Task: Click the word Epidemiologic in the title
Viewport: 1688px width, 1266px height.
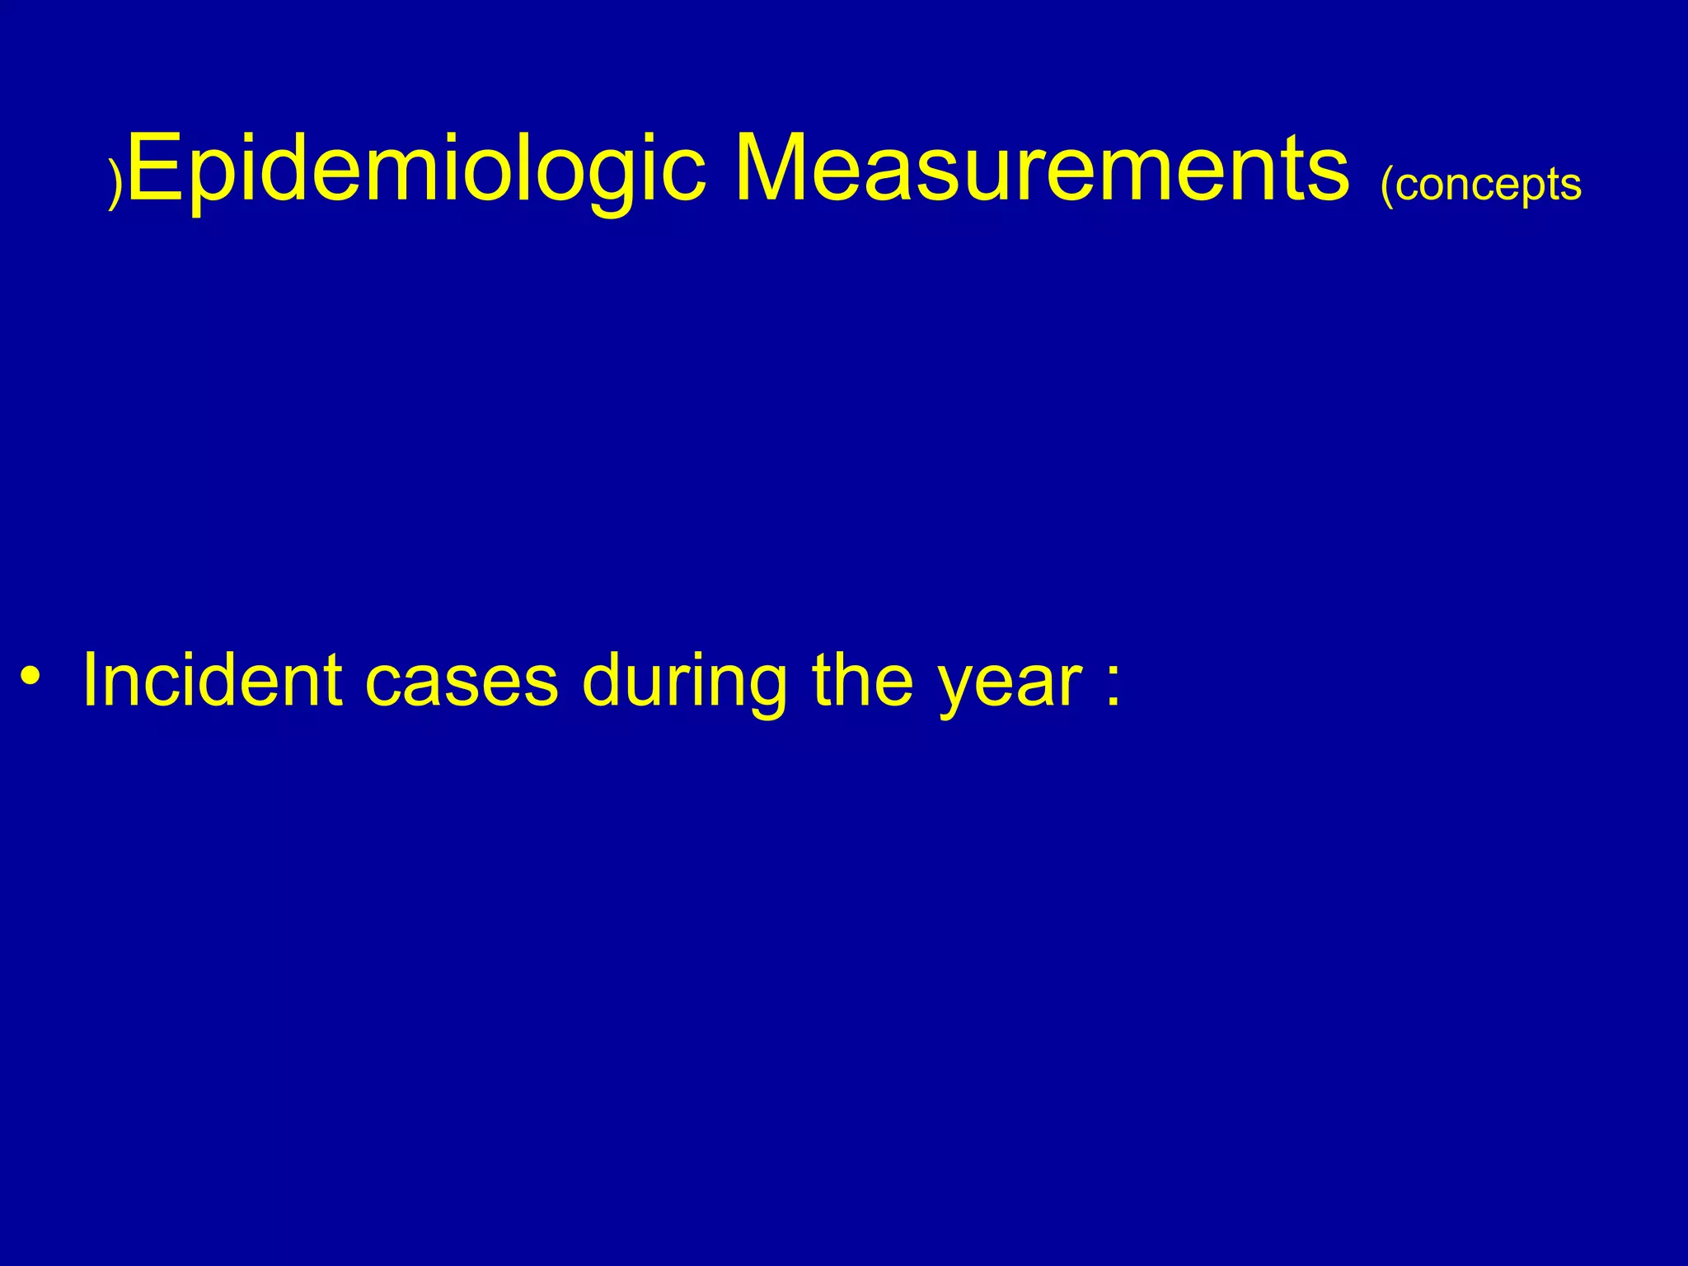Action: (x=417, y=169)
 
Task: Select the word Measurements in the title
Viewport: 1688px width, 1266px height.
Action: (x=1042, y=169)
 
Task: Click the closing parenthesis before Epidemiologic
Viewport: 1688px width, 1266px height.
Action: (x=116, y=183)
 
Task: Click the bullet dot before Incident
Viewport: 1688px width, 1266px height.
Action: (x=31, y=678)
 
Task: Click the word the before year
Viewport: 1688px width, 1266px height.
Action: (x=862, y=681)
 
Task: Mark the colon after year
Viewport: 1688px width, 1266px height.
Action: (x=1114, y=684)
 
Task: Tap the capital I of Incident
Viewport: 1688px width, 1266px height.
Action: (x=91, y=679)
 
